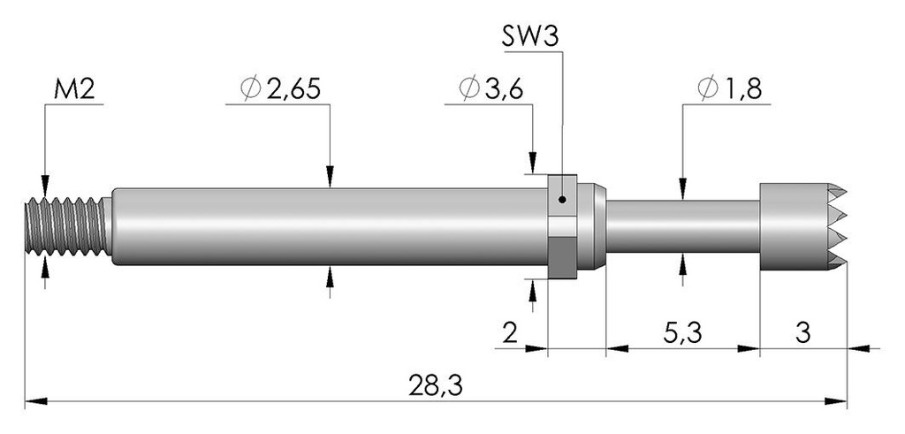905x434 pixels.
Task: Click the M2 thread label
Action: pyautogui.click(x=74, y=91)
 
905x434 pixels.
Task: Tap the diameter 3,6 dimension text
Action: pyautogui.click(x=491, y=89)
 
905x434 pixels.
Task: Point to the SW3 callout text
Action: pyautogui.click(x=530, y=38)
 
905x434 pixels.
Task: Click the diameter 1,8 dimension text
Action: pyautogui.click(x=729, y=89)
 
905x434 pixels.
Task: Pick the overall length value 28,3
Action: pyautogui.click(x=436, y=386)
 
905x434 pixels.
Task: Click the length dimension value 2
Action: pyautogui.click(x=510, y=333)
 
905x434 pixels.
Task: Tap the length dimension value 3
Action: pyautogui.click(x=802, y=333)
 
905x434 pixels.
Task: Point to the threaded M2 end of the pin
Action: pyautogui.click(x=68, y=226)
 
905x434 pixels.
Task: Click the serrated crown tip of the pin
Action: pyautogui.click(x=802, y=227)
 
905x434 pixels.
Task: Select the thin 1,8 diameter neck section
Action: pyautogui.click(x=682, y=226)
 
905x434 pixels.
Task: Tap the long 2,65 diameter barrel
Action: pyautogui.click(x=329, y=226)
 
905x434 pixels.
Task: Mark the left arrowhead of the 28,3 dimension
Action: pyautogui.click(x=35, y=401)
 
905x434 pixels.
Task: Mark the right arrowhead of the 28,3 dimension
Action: pyautogui.click(x=836, y=401)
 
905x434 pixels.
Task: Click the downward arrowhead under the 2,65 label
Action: pyautogui.click(x=331, y=177)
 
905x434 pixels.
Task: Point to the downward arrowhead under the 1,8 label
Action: pyautogui.click(x=683, y=189)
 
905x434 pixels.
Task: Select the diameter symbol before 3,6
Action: pyautogui.click(x=469, y=89)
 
